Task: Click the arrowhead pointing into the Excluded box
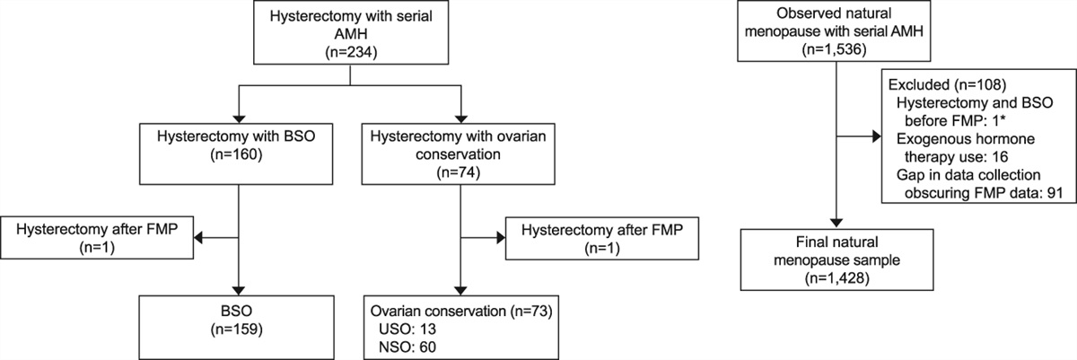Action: pyautogui.click(x=876, y=138)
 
